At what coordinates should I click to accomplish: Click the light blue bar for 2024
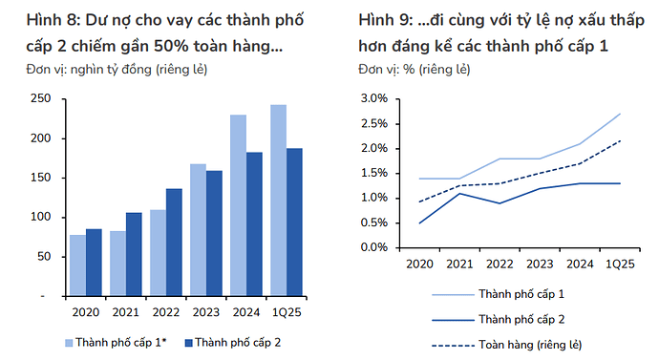(x=237, y=205)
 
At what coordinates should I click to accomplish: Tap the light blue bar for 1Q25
(x=278, y=201)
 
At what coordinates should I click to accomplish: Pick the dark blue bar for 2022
(x=174, y=243)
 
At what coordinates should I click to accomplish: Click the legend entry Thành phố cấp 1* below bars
(x=115, y=341)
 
